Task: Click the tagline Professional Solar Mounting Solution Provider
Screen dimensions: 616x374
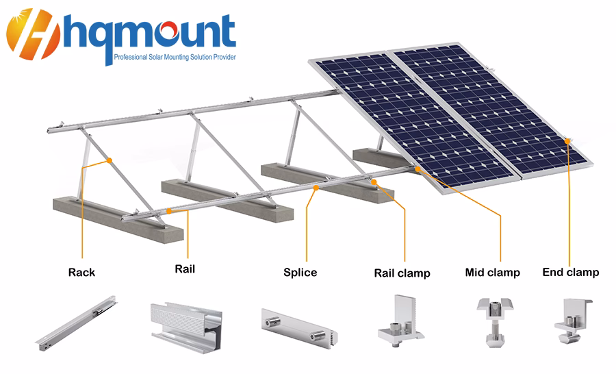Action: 175,57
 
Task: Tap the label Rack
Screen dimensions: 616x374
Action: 81,272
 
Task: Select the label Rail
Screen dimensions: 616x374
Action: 185,269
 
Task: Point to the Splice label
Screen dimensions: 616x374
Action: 300,273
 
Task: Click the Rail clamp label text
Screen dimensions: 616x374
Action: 402,273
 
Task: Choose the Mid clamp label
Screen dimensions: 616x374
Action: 493,272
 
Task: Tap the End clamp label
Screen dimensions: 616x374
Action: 571,272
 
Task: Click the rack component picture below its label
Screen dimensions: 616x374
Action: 77,323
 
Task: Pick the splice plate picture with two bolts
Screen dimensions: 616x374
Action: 300,328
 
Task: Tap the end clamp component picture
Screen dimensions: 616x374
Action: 573,321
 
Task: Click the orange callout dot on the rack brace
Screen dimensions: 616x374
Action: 110,160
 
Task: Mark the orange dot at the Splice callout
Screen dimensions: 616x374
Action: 316,188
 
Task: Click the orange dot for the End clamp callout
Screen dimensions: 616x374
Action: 567,141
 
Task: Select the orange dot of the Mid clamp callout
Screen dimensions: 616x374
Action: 418,169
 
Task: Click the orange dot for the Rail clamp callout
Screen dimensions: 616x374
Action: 374,182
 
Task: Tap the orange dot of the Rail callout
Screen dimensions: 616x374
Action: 169,211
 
